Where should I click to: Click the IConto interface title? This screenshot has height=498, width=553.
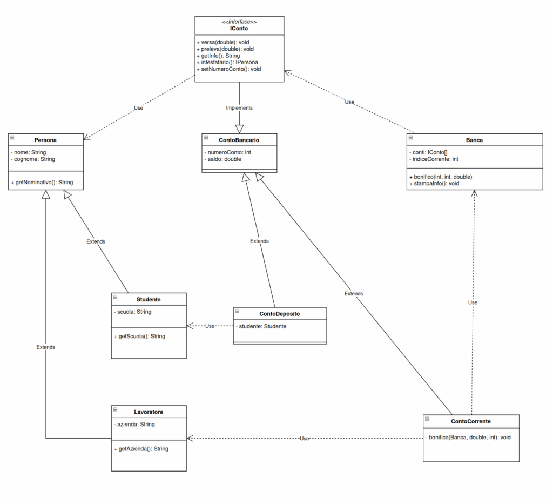coord(239,28)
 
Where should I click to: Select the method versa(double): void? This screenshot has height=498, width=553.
coord(223,42)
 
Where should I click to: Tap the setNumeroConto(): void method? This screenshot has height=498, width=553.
coord(229,69)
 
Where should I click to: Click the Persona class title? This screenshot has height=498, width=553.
coord(45,140)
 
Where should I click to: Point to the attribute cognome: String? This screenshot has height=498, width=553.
coord(33,159)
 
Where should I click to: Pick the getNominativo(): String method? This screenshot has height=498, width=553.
coord(42,183)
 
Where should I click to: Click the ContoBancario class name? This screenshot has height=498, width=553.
coord(239,140)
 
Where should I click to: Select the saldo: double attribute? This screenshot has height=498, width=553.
coord(223,159)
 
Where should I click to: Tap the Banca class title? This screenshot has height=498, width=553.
coord(474,140)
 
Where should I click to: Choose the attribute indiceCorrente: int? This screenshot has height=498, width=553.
coord(434,159)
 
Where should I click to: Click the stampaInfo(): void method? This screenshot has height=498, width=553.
coord(434,184)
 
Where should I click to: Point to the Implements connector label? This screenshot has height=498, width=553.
coord(239,108)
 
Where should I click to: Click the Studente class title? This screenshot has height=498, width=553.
coord(149,299)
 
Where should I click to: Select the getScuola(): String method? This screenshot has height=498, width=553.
coord(140,336)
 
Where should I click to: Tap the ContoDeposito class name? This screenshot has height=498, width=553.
coord(280,314)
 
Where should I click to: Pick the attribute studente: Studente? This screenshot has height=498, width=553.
coord(261,326)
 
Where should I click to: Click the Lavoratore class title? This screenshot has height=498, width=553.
coord(149,412)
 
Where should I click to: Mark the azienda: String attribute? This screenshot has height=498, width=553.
coord(134,425)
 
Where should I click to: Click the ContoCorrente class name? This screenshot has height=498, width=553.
coord(471,421)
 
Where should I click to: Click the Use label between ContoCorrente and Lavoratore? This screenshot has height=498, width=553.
coord(305,439)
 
